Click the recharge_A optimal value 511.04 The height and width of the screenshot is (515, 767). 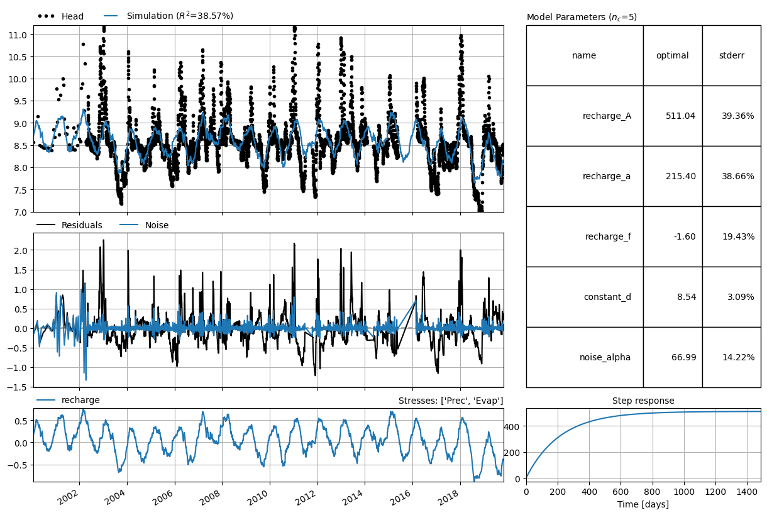tap(680, 116)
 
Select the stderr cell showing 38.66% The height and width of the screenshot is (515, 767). tap(738, 176)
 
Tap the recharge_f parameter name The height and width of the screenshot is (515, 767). tap(608, 236)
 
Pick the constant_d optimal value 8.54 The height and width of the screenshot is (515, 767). tap(687, 297)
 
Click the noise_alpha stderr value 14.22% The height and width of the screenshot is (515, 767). tap(738, 357)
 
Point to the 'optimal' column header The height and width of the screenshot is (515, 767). tap(672, 55)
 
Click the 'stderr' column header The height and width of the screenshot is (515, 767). tap(731, 55)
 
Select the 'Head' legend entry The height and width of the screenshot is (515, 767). tap(60, 16)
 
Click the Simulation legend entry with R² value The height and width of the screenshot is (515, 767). tap(169, 16)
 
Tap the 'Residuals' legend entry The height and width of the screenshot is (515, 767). tap(70, 225)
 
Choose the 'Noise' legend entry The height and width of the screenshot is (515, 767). tap(144, 225)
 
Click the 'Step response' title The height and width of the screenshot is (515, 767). tap(643, 401)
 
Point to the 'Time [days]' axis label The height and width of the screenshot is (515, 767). tap(643, 504)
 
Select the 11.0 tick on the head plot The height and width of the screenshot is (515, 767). tap(18, 35)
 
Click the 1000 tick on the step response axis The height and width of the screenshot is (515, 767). tap(685, 492)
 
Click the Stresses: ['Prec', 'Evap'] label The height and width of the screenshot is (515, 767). tap(451, 401)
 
